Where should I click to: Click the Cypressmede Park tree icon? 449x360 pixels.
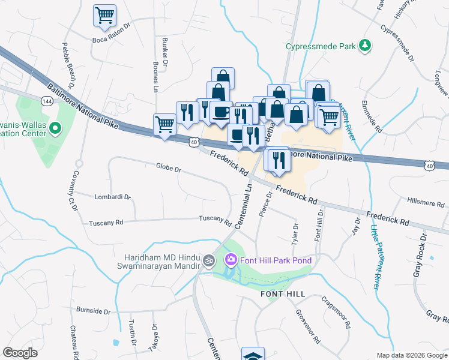[364, 46]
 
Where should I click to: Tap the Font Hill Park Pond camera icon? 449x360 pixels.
[230, 260]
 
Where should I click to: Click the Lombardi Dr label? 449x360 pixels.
[112, 196]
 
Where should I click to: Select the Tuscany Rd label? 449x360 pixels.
[106, 223]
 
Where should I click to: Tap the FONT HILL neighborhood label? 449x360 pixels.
[283, 294]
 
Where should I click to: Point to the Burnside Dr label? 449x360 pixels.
[94, 311]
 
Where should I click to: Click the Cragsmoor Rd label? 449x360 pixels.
[335, 312]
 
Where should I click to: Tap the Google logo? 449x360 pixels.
[20, 353]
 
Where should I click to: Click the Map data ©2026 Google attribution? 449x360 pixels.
[411, 355]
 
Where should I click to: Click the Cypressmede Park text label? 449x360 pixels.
[320, 46]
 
